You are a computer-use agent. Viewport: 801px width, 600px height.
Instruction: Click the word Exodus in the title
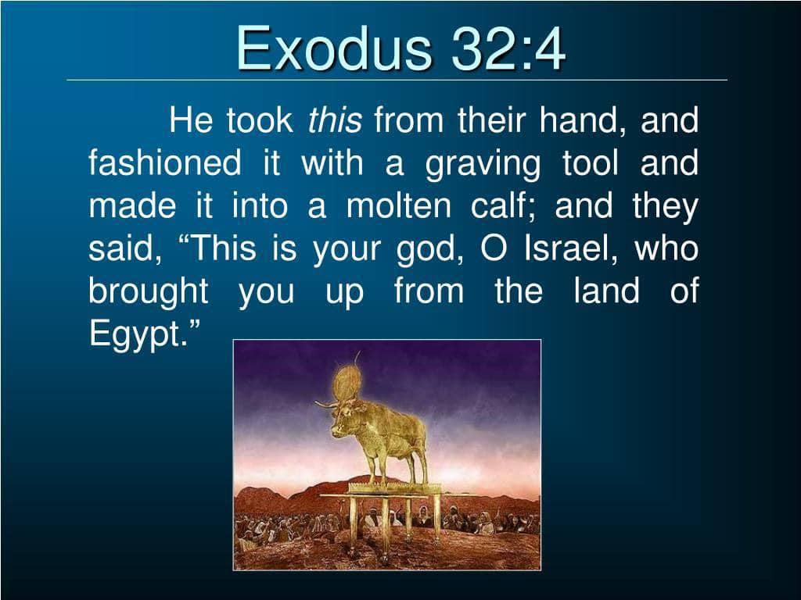coord(333,49)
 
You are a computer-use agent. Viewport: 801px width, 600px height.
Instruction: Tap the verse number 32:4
coord(508,49)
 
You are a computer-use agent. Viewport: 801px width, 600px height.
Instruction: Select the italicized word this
coord(335,120)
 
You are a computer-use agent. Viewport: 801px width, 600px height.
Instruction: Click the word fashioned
coord(164,163)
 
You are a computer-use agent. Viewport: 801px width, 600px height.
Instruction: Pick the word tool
coord(591,163)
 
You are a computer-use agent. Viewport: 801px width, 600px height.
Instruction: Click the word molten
coord(398,206)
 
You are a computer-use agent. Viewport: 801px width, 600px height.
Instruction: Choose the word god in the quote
coord(429,251)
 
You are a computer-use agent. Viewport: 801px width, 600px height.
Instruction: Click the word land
coord(606,291)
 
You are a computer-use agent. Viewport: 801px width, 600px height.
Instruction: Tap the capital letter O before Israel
coord(494,249)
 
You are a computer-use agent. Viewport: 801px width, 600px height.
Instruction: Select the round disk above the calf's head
coord(347,381)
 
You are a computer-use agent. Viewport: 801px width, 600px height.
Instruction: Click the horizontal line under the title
coord(397,80)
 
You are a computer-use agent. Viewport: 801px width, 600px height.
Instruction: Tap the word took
coord(260,120)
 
